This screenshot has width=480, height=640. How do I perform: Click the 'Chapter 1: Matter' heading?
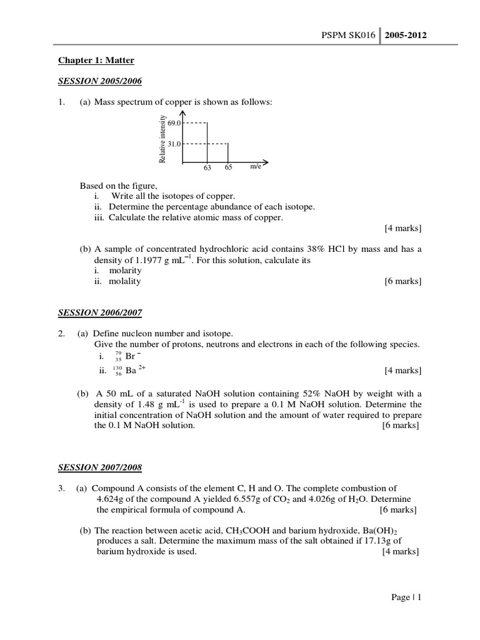[96, 61]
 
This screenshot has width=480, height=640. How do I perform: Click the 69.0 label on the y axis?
[174, 124]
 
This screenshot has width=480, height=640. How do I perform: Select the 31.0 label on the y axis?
[174, 144]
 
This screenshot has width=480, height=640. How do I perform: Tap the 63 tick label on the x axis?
[207, 168]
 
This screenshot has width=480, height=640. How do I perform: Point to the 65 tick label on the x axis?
[228, 168]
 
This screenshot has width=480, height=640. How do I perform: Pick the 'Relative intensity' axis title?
[162, 139]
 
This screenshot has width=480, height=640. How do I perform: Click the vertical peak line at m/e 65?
[228, 153]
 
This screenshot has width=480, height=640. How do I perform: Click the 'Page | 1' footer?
[406, 597]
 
